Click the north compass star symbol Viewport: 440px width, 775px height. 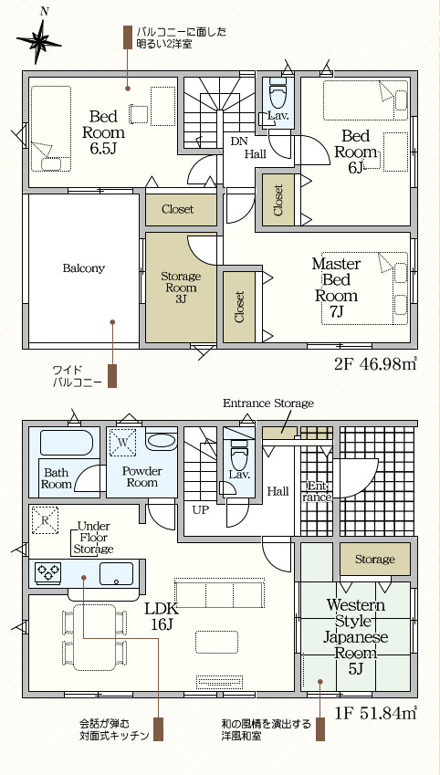(x=38, y=42)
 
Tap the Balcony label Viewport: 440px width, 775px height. (x=84, y=268)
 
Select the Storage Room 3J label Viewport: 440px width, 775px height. (x=181, y=288)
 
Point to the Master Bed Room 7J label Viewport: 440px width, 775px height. (x=336, y=288)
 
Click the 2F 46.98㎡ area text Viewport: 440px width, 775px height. (x=376, y=364)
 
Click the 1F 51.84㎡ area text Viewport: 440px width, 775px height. (x=376, y=713)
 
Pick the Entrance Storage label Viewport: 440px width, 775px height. (x=268, y=403)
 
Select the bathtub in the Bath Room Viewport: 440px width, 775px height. (x=67, y=443)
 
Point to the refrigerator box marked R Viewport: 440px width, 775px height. (x=45, y=520)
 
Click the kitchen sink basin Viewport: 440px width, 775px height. (x=116, y=574)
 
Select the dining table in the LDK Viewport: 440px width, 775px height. (x=94, y=637)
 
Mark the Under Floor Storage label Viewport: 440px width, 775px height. (x=93, y=538)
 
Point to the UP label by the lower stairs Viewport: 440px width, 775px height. (x=201, y=510)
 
